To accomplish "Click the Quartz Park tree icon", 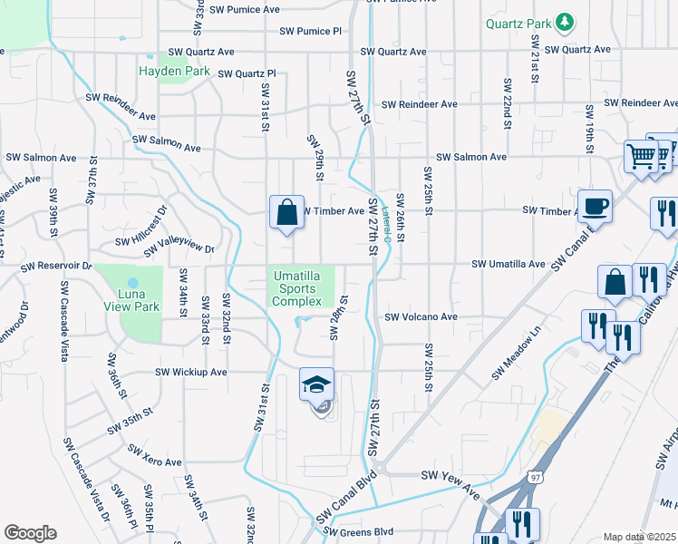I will [x=565, y=21].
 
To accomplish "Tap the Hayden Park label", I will [x=174, y=71].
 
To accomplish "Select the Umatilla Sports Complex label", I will [x=297, y=288].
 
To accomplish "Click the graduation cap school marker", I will [x=316, y=385].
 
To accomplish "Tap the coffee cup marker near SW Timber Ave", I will [x=595, y=207].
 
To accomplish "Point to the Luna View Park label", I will [x=127, y=306].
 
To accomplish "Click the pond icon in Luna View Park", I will [x=133, y=284].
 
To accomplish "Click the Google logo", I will [x=30, y=533].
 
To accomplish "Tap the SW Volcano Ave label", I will [x=421, y=318].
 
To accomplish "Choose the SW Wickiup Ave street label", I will [x=190, y=372].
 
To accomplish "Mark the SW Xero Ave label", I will [x=154, y=455].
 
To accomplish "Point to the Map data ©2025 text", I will [x=639, y=537].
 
